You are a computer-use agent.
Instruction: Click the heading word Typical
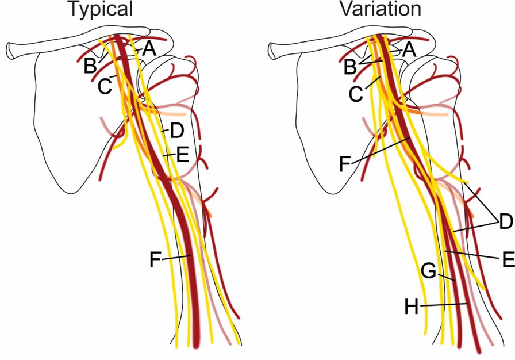[100, 9]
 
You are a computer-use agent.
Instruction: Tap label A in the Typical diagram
[149, 49]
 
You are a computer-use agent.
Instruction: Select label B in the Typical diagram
[90, 66]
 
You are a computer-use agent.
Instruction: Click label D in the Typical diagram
[176, 131]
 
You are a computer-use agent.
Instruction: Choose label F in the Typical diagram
[155, 260]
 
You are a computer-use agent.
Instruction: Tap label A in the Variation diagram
[408, 49]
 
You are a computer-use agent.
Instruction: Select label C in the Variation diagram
[356, 94]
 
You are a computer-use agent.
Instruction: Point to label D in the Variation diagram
[506, 221]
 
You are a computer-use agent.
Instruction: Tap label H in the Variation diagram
[412, 307]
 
